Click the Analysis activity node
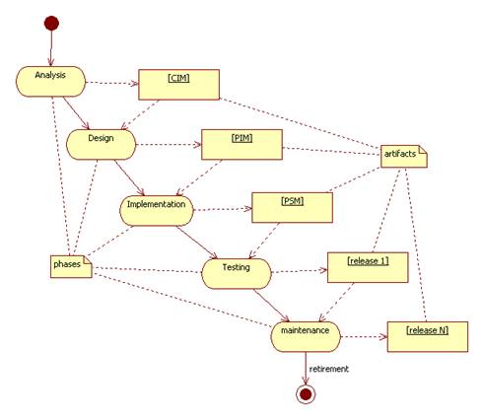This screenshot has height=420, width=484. (x=50, y=82)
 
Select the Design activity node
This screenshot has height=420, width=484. (x=101, y=145)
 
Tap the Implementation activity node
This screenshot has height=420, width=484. (x=157, y=211)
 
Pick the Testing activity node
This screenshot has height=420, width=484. (x=237, y=274)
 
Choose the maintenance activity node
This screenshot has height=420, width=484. (x=306, y=337)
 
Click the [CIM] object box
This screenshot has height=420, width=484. (x=178, y=85)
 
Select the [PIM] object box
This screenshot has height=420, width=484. (x=242, y=145)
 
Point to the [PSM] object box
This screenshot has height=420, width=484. (x=292, y=208)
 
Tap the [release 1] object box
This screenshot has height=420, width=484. (x=368, y=267)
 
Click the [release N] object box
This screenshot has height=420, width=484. (x=428, y=337)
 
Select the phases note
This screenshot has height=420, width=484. (x=71, y=266)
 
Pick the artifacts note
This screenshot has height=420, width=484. (x=404, y=157)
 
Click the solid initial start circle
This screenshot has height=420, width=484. (x=51, y=24)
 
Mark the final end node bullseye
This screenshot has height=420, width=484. (x=306, y=394)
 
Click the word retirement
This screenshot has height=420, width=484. (x=329, y=369)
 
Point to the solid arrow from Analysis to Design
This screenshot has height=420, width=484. (x=76, y=113)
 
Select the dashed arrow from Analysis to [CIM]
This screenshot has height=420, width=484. (x=112, y=83)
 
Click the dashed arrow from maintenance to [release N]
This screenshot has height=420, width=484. (x=364, y=337)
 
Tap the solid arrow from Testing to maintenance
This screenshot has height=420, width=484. (x=271, y=306)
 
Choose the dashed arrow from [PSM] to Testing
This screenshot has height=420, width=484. (x=264, y=241)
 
